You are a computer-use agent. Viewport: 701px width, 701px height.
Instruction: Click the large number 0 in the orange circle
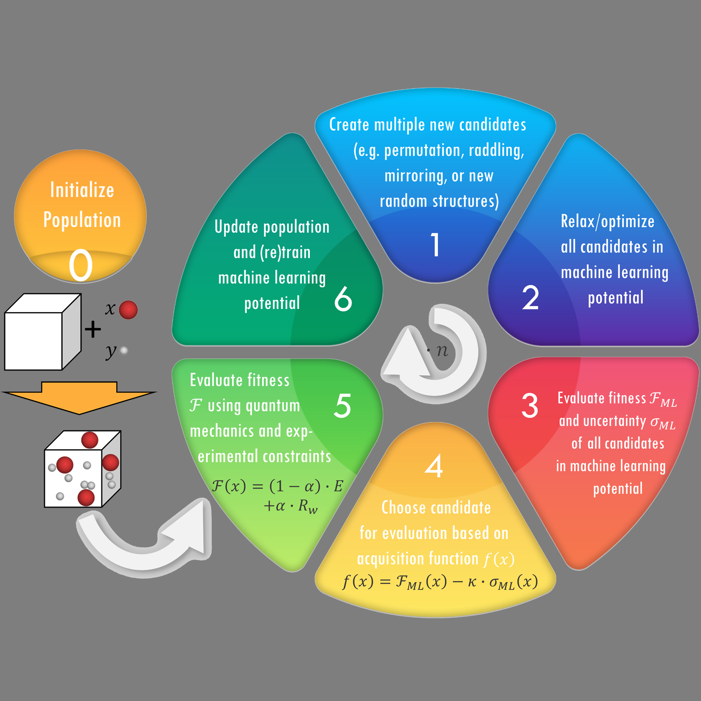coord(81,265)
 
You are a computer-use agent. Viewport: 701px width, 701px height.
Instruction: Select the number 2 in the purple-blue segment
coord(530,298)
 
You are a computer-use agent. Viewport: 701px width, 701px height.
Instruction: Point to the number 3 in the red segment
coord(530,405)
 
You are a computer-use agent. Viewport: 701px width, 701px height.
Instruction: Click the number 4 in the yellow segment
coord(434,465)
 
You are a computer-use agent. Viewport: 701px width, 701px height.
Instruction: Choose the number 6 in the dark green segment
coord(343,299)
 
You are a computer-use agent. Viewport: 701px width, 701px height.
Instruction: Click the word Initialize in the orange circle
coord(82,190)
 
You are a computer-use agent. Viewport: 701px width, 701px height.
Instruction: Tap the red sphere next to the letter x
coord(128,310)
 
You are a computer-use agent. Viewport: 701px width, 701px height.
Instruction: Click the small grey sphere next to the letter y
coord(124,350)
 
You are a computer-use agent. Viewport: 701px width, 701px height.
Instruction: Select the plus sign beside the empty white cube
coord(93,329)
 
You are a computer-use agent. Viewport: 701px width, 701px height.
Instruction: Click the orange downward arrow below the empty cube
coord(79,397)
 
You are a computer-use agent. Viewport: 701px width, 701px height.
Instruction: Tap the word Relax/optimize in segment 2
coord(608,222)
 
